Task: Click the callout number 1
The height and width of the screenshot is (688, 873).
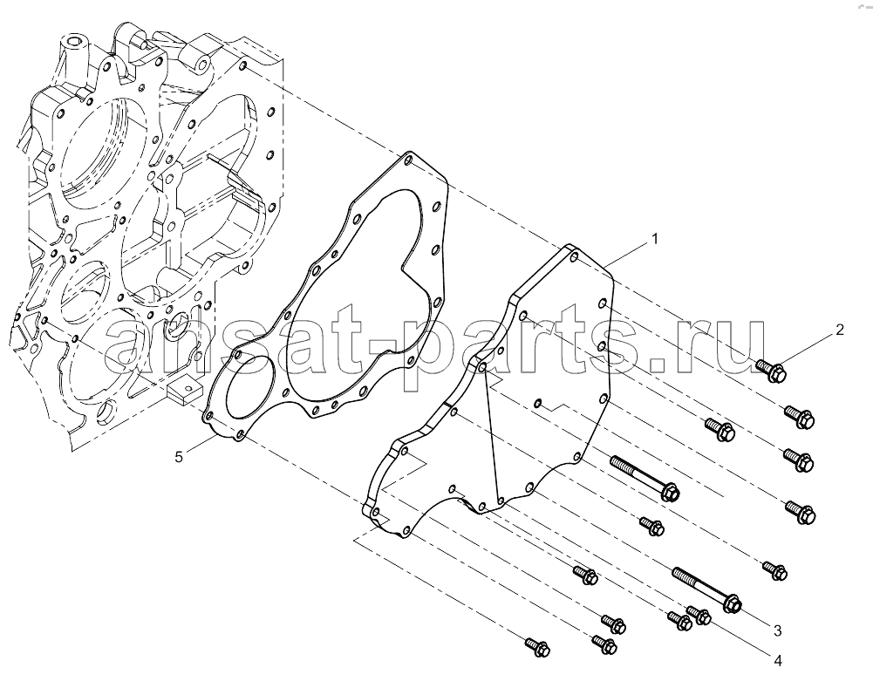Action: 655,239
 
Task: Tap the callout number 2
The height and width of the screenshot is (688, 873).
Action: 840,330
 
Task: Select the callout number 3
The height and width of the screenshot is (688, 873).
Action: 777,630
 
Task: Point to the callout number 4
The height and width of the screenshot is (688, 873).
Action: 778,661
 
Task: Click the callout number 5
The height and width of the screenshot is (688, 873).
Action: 179,457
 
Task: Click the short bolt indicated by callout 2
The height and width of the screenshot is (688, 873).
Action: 772,371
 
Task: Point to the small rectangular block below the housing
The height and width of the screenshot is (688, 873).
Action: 183,389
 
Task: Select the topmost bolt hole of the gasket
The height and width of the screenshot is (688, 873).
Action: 409,160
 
